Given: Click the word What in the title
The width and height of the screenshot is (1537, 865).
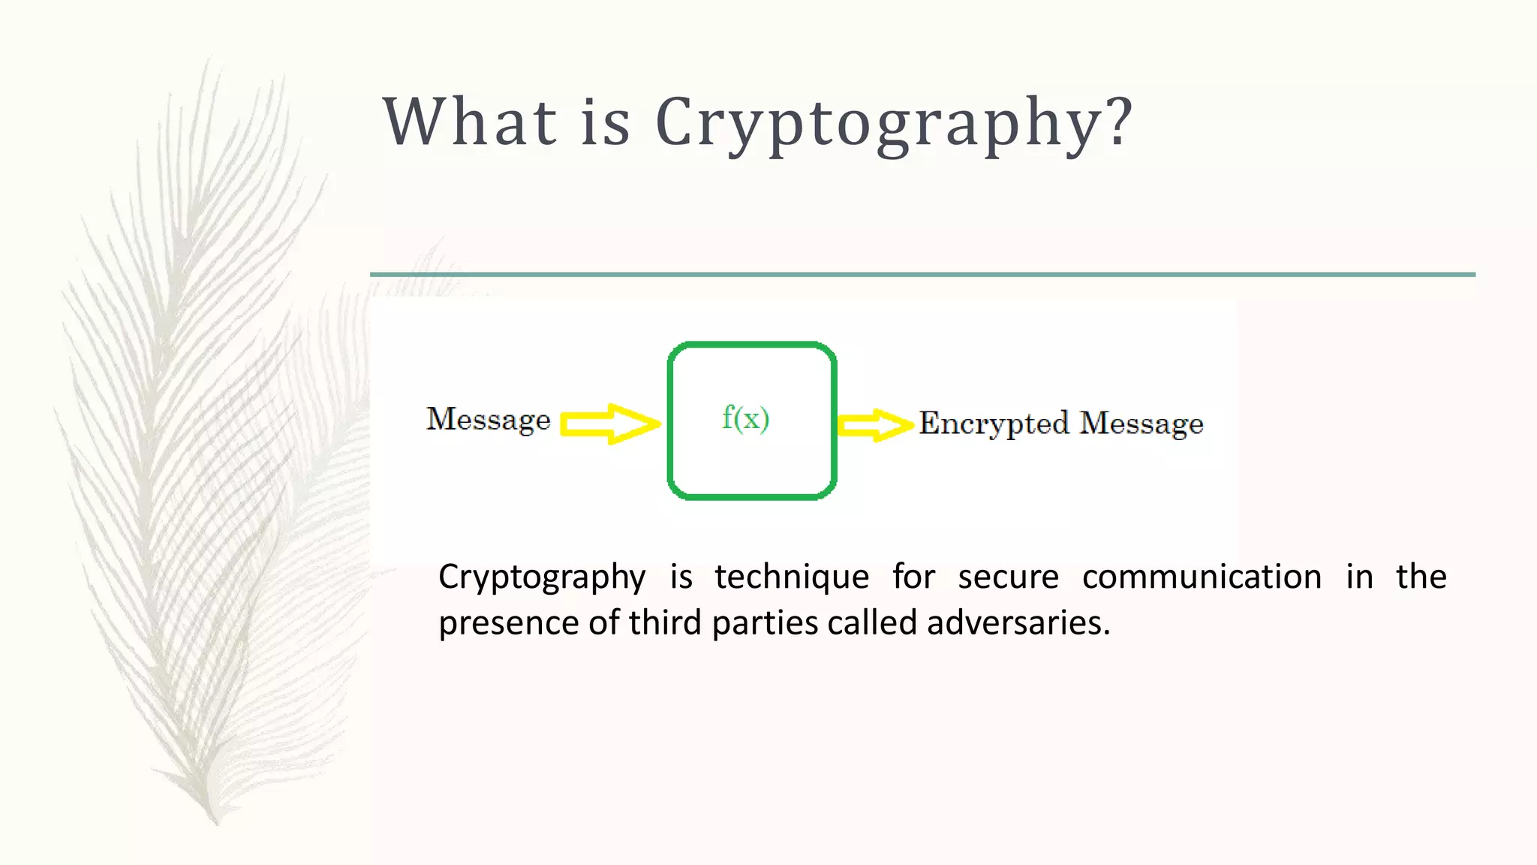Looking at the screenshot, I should (470, 122).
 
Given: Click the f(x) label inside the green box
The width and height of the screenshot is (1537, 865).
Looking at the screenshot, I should (745, 418).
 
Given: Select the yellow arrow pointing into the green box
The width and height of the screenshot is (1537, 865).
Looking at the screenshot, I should (609, 423).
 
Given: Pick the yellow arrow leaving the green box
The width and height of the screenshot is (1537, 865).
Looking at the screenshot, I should (875, 425).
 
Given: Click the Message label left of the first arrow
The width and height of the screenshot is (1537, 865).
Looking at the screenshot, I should (489, 420).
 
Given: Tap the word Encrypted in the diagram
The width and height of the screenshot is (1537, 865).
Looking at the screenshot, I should (994, 424).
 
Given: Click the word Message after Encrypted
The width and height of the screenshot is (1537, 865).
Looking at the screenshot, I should (1141, 424).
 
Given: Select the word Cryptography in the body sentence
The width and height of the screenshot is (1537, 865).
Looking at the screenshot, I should (542, 577).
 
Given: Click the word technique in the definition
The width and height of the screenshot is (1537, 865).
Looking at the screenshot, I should (792, 577).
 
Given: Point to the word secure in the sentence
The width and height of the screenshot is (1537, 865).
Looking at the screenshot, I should (1008, 577).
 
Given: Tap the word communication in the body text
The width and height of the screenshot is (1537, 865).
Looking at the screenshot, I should (1202, 577).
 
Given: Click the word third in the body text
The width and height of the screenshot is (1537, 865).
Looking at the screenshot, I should (665, 623).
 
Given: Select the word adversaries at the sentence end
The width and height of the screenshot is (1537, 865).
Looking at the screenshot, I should (1018, 623).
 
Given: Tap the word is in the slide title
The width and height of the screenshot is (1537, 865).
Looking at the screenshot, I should (605, 122).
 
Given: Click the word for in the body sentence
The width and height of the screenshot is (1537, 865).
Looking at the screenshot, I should (913, 577).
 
